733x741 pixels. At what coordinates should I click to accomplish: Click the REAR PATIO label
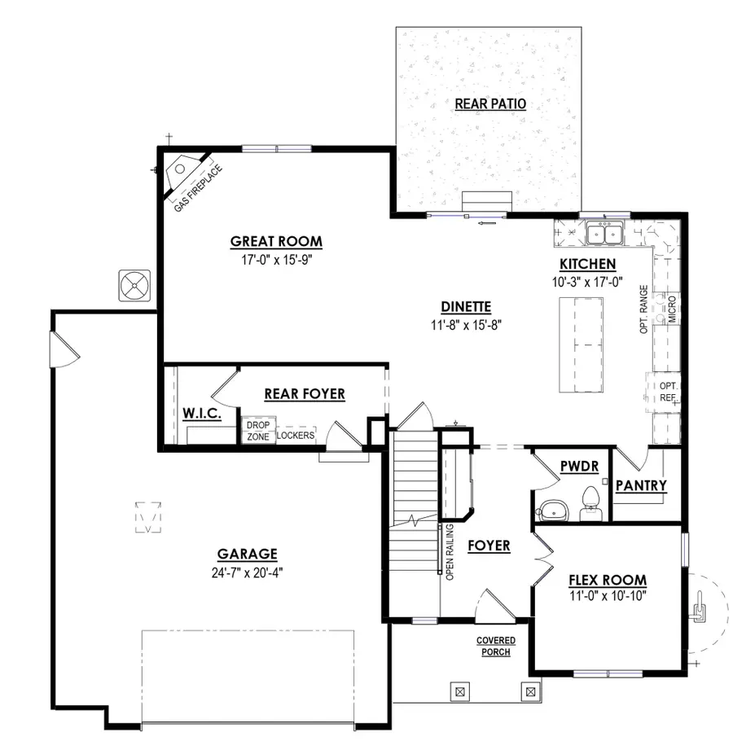(x=490, y=103)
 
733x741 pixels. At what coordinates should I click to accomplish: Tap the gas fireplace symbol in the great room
(x=180, y=169)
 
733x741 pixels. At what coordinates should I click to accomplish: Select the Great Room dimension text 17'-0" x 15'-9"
(x=276, y=261)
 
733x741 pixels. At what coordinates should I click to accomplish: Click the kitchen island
(x=581, y=344)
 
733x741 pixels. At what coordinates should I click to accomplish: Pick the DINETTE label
(x=465, y=307)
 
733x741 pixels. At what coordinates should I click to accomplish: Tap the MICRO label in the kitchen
(x=672, y=310)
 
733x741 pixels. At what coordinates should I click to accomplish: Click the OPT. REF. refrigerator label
(x=668, y=392)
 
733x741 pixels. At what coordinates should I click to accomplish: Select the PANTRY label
(x=641, y=486)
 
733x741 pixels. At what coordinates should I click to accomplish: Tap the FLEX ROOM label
(x=607, y=581)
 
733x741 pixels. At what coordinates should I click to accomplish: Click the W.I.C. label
(x=202, y=414)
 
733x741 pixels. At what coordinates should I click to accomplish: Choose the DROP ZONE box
(x=257, y=431)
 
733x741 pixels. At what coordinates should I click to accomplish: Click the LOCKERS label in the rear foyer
(x=296, y=436)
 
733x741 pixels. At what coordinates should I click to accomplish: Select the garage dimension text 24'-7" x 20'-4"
(x=247, y=572)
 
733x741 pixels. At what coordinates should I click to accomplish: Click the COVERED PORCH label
(x=495, y=647)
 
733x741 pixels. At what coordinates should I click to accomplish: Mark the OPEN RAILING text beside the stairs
(x=449, y=553)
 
